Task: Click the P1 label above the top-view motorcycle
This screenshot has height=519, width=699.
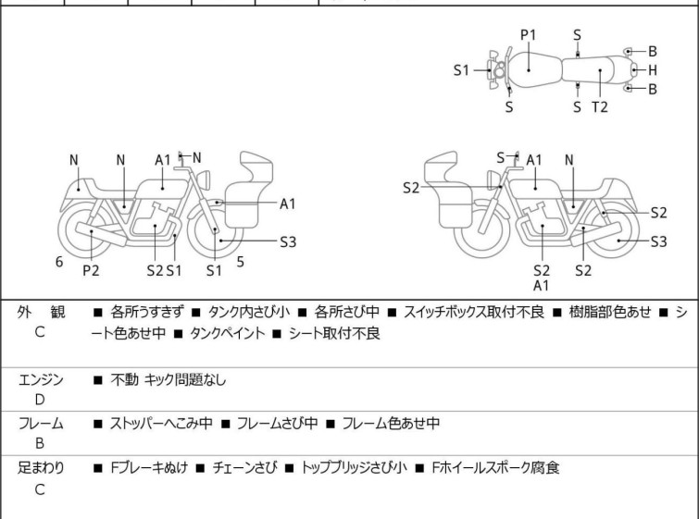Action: pos(528,35)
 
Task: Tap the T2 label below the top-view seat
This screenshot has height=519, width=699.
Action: pos(600,106)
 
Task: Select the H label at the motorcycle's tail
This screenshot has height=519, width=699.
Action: pos(653,69)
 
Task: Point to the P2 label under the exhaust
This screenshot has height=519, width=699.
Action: pos(91,270)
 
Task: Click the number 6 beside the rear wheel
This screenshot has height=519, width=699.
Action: pos(59,262)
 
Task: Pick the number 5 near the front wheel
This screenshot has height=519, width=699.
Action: pos(240,262)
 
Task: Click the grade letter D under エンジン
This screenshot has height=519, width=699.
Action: pos(40,399)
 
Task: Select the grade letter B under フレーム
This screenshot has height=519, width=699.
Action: pos(40,443)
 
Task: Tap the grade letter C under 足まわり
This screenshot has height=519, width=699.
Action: pos(40,489)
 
